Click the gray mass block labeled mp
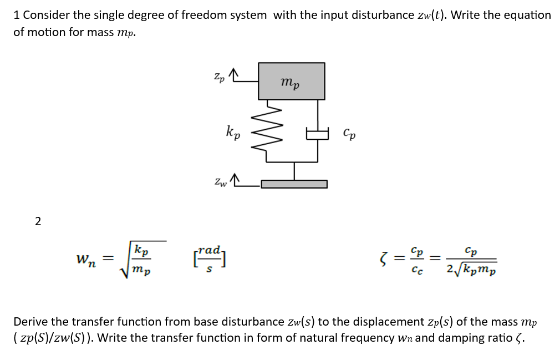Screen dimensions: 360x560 click(291, 81)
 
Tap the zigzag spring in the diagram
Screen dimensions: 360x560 click(267, 131)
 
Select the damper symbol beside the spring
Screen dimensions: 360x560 click(318, 133)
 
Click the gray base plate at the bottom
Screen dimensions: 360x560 click(294, 184)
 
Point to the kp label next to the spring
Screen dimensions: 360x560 click(233, 133)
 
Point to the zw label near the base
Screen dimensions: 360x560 click(220, 181)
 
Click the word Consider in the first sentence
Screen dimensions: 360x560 click(45, 15)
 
